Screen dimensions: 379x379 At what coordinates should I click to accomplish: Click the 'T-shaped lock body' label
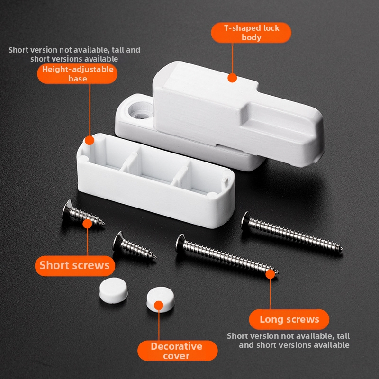pyautogui.click(x=251, y=33)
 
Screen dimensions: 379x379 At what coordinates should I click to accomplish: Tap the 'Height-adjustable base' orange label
pyautogui.click(x=77, y=74)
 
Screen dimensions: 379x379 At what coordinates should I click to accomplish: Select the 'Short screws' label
pyautogui.click(x=75, y=265)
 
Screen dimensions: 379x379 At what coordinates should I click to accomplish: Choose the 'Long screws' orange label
pyautogui.click(x=289, y=319)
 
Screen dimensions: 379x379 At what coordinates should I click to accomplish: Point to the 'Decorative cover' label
pyautogui.click(x=177, y=351)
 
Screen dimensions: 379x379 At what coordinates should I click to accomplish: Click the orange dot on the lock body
pyautogui.click(x=232, y=78)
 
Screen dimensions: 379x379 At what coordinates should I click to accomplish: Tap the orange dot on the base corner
pyautogui.click(x=90, y=140)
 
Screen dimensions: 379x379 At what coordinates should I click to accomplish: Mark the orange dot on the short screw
pyautogui.click(x=87, y=224)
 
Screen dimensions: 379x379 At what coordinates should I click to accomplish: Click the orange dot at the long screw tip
pyautogui.click(x=270, y=274)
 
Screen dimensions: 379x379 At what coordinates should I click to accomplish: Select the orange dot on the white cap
pyautogui.click(x=159, y=305)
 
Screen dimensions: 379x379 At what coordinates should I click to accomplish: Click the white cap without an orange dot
pyautogui.click(x=113, y=290)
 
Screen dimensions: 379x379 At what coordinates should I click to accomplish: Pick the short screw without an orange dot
pyautogui.click(x=134, y=246)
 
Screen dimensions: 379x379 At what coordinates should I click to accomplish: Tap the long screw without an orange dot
pyautogui.click(x=292, y=232)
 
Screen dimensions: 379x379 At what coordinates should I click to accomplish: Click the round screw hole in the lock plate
pyautogui.click(x=140, y=111)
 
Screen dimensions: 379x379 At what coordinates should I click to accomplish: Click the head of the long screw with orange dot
pyautogui.click(x=180, y=243)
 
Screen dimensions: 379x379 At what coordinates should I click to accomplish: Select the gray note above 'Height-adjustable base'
pyautogui.click(x=74, y=54)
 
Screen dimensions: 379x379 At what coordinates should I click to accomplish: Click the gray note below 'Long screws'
pyautogui.click(x=288, y=340)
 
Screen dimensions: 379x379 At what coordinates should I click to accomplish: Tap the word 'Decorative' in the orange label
pyautogui.click(x=176, y=346)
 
